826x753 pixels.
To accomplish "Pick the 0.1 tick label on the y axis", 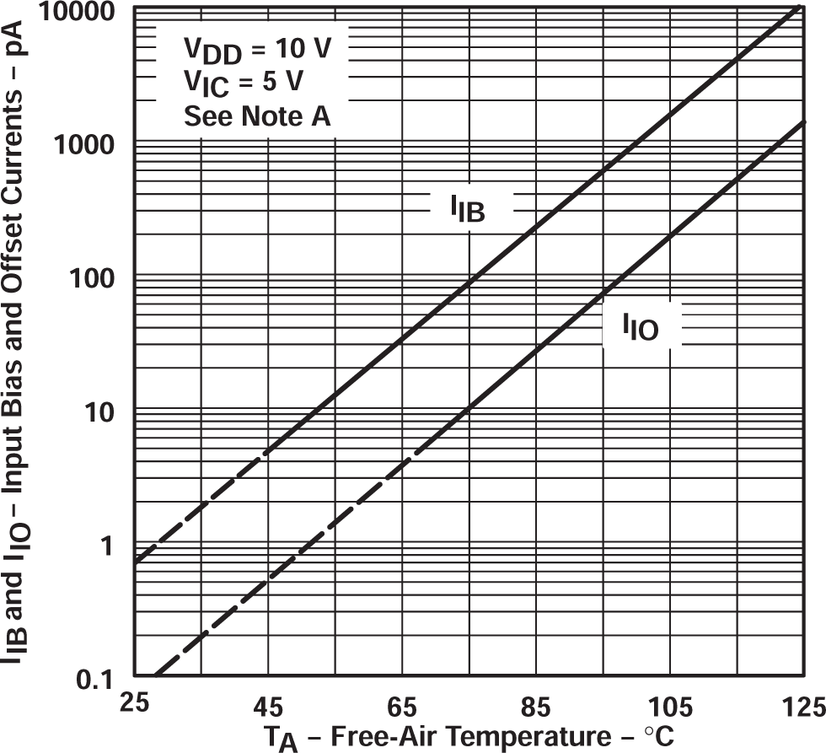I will [101, 679].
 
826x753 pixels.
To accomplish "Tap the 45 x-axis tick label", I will [266, 702].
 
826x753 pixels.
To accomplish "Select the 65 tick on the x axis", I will [401, 702].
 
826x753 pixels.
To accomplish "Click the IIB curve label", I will [467, 208].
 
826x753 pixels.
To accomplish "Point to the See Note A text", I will [256, 117].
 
